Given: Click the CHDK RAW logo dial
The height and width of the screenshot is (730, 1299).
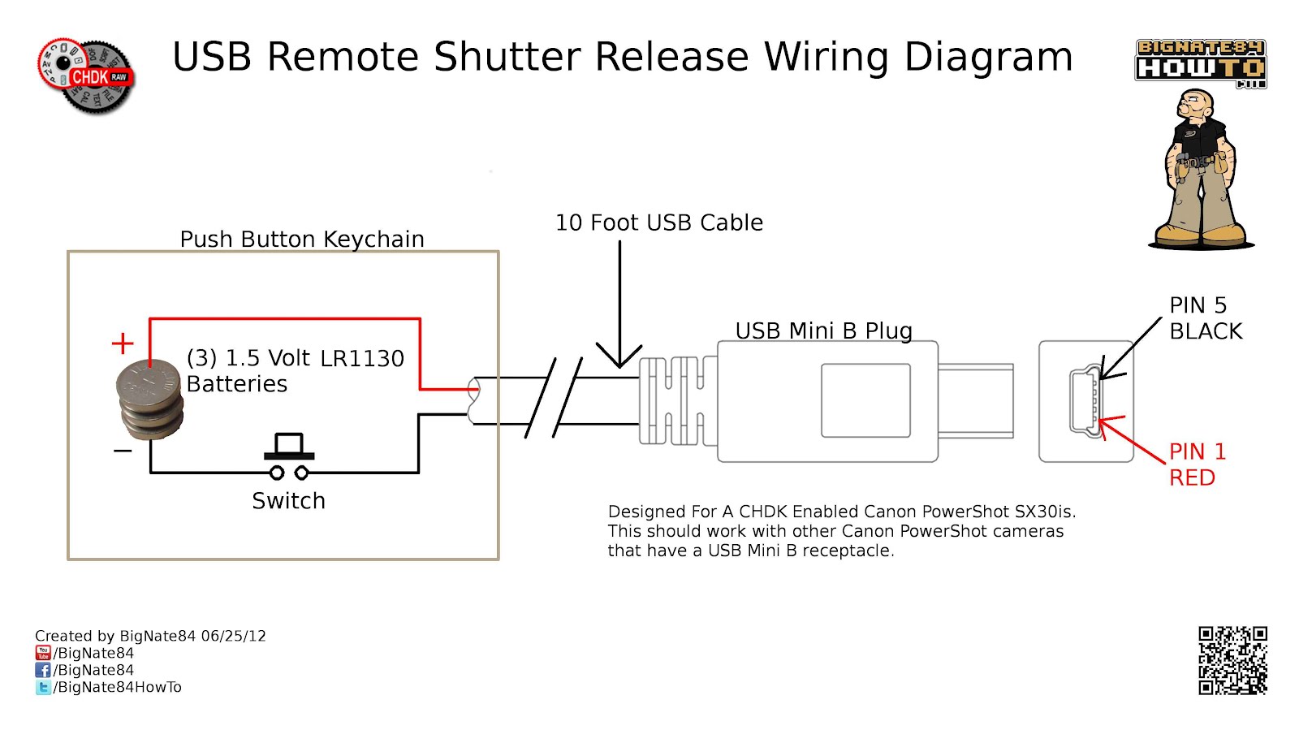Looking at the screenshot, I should [x=85, y=76].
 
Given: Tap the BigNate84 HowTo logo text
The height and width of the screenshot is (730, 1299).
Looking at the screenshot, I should [x=1200, y=62].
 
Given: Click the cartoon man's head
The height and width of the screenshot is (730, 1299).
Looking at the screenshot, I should [x=1194, y=105].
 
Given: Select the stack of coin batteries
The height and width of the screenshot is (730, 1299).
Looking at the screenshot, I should [x=150, y=400].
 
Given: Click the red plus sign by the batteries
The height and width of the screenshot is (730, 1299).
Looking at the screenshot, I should [x=123, y=343].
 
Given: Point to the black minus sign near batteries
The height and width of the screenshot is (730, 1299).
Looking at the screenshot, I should [x=123, y=451].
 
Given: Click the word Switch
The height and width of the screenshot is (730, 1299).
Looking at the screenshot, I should [x=288, y=501].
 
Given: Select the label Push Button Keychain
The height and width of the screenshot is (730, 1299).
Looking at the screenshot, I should [x=302, y=240].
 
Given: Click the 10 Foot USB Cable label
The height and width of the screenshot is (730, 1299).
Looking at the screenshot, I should [x=658, y=223].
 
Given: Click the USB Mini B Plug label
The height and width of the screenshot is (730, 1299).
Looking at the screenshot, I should [x=823, y=331].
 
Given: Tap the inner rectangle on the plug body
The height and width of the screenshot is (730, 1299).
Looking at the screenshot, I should [x=865, y=400].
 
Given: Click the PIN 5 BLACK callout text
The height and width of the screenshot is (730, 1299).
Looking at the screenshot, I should [x=1205, y=318].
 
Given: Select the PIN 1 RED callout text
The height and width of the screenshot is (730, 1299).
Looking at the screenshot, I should [x=1197, y=464].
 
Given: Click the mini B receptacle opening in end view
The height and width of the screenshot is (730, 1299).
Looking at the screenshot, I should [x=1085, y=401].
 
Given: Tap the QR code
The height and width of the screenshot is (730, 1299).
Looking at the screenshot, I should [x=1232, y=660].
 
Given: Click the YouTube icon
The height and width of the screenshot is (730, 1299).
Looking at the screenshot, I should [x=43, y=653].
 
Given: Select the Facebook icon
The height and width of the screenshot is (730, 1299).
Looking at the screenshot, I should [x=43, y=670].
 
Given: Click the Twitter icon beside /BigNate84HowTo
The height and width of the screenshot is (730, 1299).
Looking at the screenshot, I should [x=43, y=687].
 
